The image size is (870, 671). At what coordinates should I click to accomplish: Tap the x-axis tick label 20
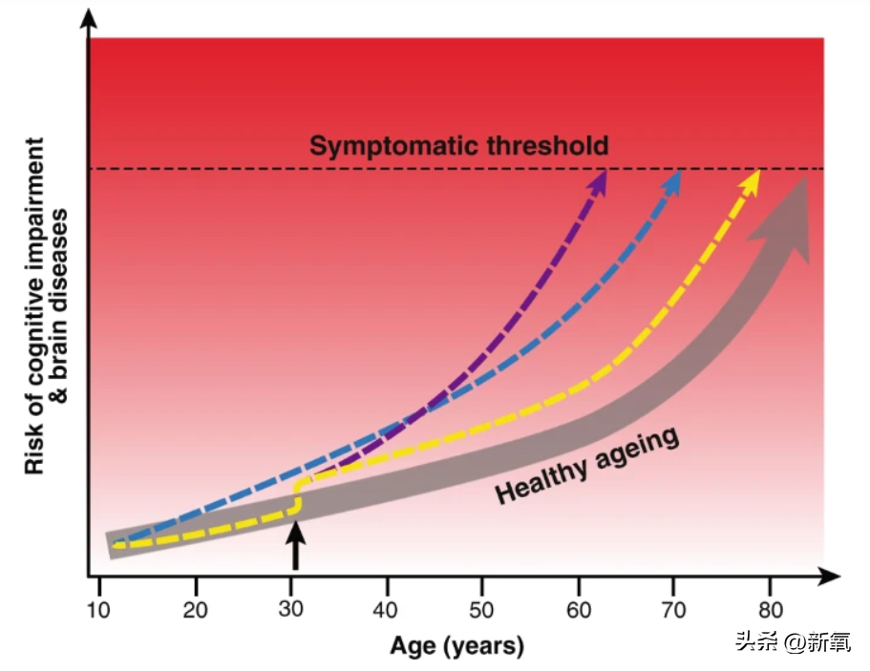(x=196, y=610)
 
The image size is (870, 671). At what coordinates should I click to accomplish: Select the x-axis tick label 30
(x=292, y=610)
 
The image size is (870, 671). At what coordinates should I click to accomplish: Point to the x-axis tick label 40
(x=388, y=610)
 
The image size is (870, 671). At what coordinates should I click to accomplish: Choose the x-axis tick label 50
(x=483, y=610)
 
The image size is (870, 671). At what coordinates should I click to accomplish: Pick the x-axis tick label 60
(x=579, y=610)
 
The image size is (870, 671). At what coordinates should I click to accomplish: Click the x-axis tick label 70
(x=674, y=610)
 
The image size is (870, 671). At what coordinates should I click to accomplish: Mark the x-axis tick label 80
(x=770, y=610)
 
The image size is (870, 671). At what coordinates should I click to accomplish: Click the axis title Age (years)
(x=456, y=646)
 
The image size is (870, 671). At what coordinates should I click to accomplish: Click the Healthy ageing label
(x=587, y=465)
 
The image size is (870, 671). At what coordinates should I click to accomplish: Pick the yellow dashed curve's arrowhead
(x=752, y=180)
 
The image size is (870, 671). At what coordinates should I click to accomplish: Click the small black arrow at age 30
(x=295, y=549)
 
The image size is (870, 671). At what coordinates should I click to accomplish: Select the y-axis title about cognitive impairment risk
(x=45, y=305)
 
